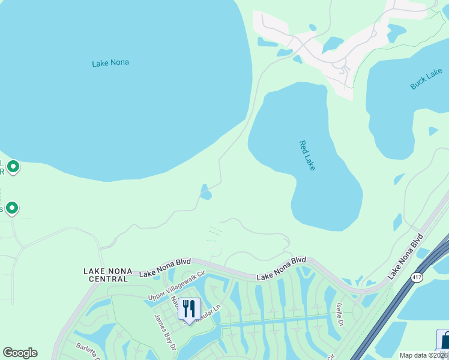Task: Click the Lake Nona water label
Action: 110,62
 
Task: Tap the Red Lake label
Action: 307,155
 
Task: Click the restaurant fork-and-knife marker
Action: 189,309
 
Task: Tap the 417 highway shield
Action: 415,277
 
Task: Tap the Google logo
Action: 20,353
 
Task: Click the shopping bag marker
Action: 444,340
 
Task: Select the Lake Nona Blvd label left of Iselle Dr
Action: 282,268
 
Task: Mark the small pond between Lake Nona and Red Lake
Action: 205,194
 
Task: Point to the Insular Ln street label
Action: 210,306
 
